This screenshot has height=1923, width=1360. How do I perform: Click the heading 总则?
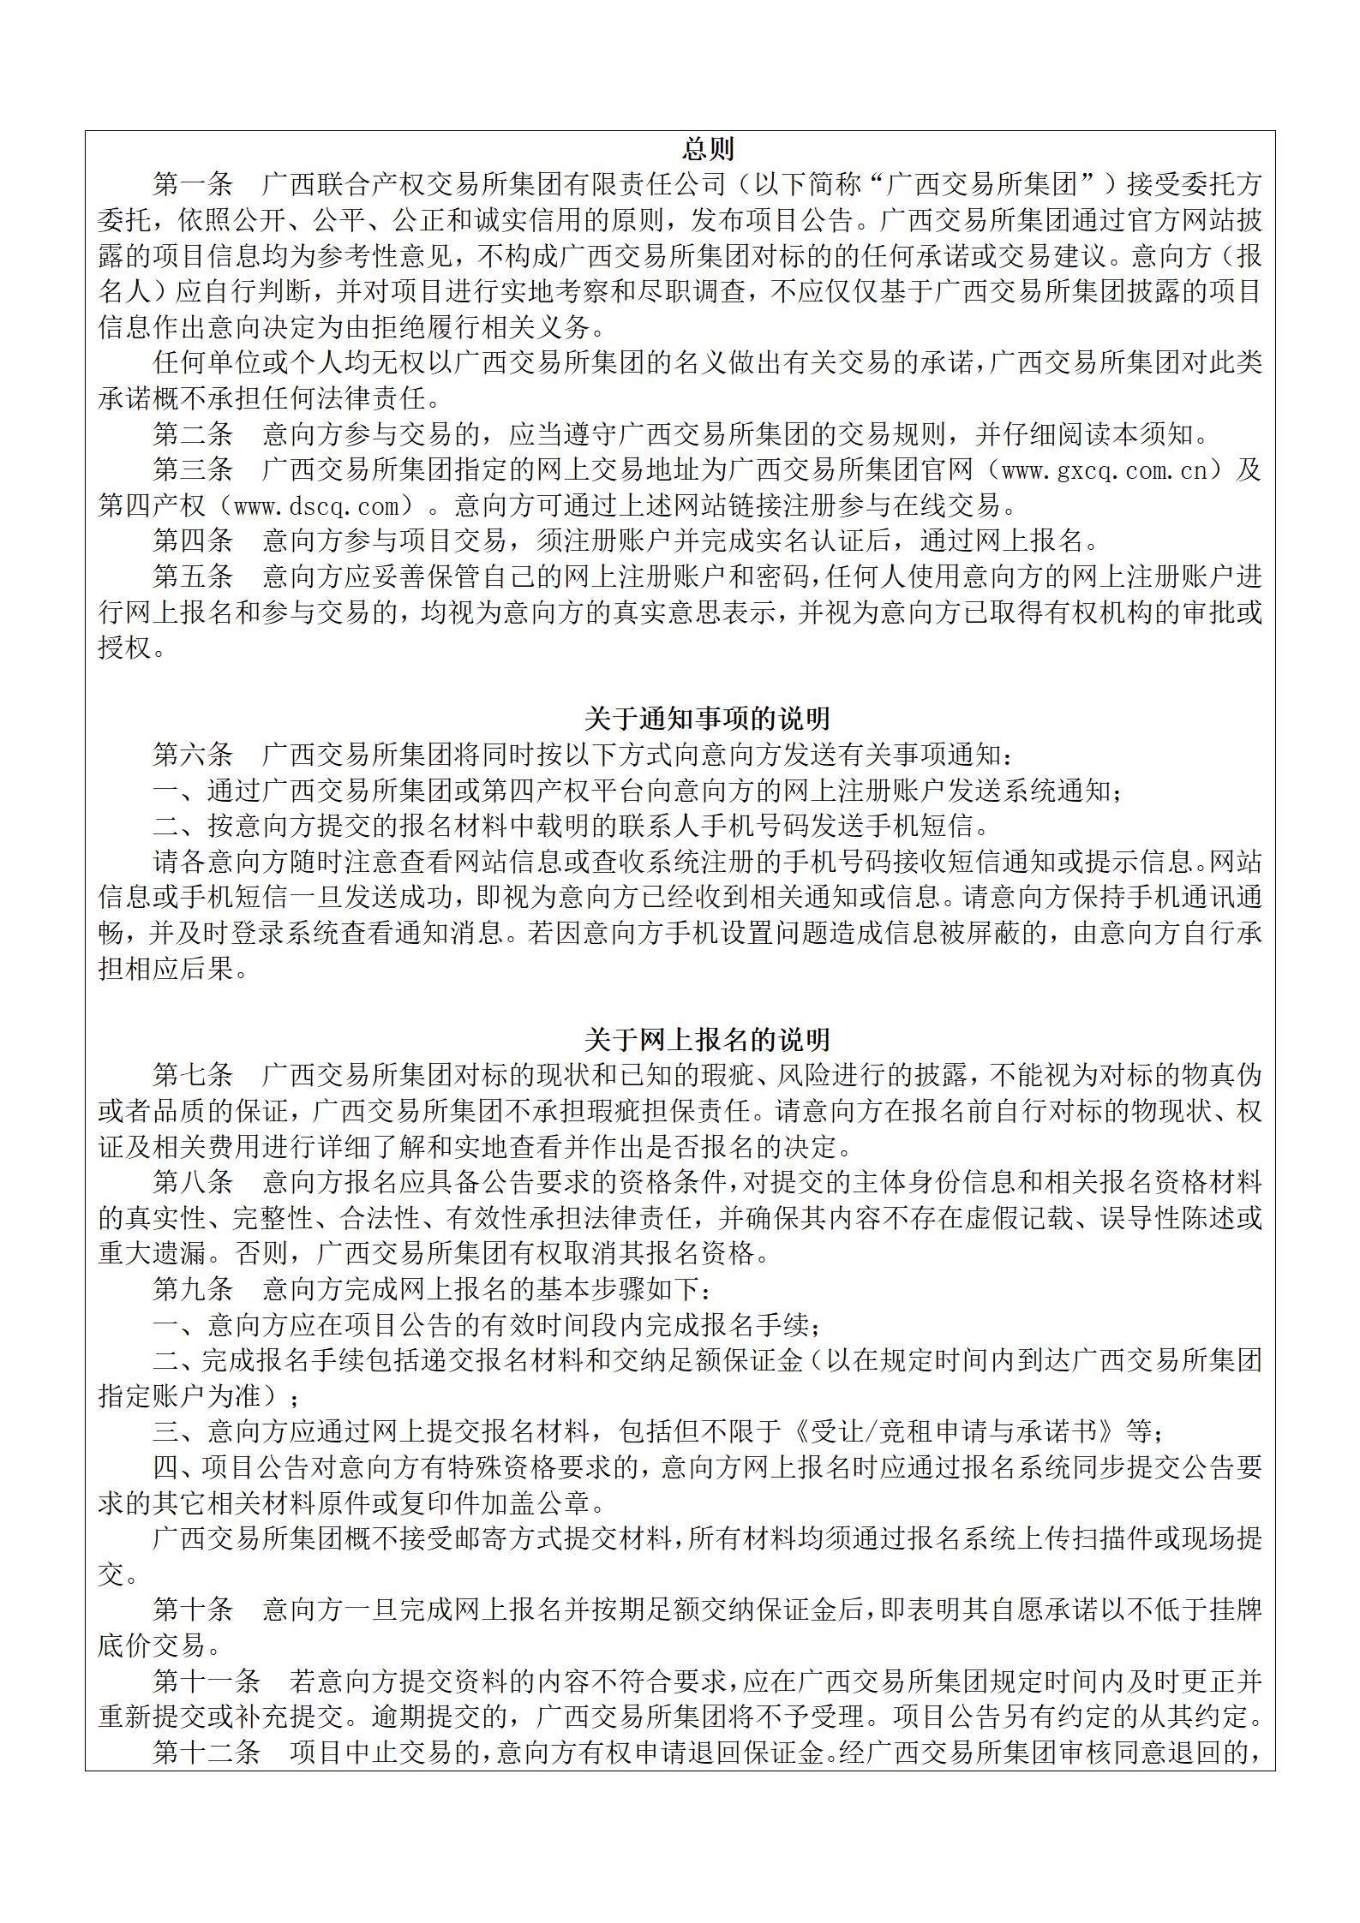707,150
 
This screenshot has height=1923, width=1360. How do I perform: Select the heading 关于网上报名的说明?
707,1039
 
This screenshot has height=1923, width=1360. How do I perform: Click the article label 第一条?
193,185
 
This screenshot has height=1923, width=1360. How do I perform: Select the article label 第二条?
193,434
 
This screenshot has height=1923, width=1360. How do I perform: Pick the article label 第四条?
193,540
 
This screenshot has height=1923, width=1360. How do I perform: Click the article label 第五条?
193,576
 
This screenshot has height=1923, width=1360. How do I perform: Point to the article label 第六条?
193,754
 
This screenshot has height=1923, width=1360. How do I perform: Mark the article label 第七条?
193,1075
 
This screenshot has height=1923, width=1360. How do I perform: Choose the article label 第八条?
193,1182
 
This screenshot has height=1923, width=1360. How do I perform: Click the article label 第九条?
193,1288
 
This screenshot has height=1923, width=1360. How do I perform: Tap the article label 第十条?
193,1609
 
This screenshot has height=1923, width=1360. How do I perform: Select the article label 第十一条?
207,1681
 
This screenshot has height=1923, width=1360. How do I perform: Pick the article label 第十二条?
207,1753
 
